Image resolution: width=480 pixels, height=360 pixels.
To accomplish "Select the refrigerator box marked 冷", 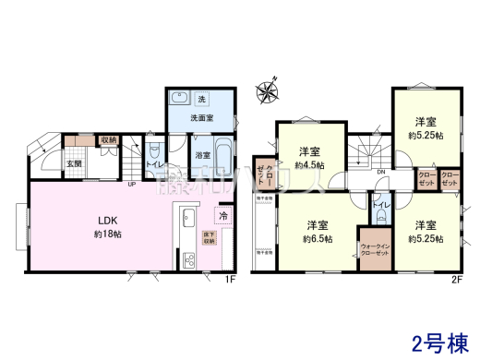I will coord(223,216).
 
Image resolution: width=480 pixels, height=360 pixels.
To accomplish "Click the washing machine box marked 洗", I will coord(201,100).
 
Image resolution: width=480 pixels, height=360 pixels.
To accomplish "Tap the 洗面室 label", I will coord(201,118).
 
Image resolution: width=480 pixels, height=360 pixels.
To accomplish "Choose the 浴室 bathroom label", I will coord(202,156).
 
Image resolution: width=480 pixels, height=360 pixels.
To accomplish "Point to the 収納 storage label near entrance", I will coord(108,140).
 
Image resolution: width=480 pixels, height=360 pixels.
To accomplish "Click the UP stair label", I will coord(132,184).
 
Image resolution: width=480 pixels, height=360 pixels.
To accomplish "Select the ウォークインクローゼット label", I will coord(375,251).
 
